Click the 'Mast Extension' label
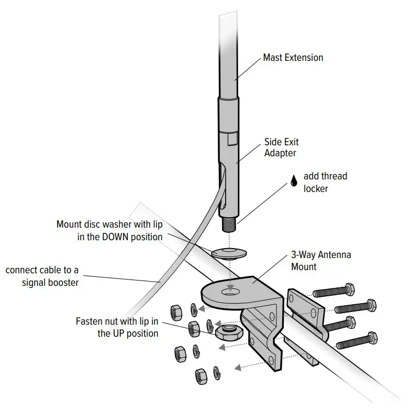[293, 57]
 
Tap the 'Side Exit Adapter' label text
[282, 147]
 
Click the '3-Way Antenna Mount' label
[320, 261]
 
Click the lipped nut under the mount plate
[228, 331]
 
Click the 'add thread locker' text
[325, 182]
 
